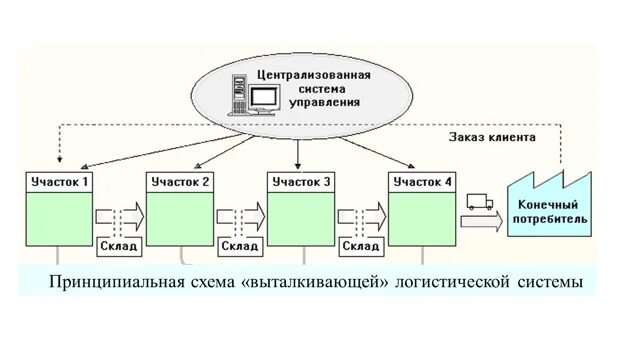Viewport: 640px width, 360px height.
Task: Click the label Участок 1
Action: [x=59, y=182]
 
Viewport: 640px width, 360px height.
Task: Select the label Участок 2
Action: [x=180, y=182]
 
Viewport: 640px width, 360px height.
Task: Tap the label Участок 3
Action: [x=302, y=182]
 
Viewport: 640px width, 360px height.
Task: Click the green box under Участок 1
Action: [x=59, y=217]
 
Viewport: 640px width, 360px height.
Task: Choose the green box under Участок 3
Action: [x=302, y=217]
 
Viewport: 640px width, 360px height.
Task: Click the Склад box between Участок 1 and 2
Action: [x=119, y=245]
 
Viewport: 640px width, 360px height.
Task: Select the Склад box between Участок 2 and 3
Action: [x=240, y=245]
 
